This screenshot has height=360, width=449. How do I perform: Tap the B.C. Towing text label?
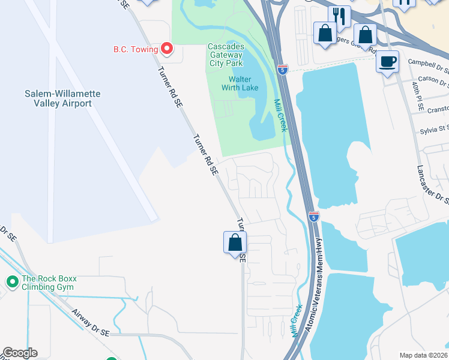tap(135, 49)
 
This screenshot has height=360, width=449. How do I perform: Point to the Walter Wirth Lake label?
tap(247, 84)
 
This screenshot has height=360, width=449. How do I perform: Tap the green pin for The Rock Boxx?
tap(11, 281)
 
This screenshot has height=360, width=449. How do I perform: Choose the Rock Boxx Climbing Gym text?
tap(49, 283)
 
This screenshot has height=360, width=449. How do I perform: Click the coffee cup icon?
tap(387, 61)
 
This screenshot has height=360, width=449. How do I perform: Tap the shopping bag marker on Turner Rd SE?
tap(235, 242)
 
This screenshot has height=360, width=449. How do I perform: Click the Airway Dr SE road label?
tap(90, 323)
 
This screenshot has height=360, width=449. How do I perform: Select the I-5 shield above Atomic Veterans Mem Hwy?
tap(313, 217)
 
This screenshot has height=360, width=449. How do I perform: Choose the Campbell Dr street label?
tap(427, 62)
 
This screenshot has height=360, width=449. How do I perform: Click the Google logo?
tap(20, 353)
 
